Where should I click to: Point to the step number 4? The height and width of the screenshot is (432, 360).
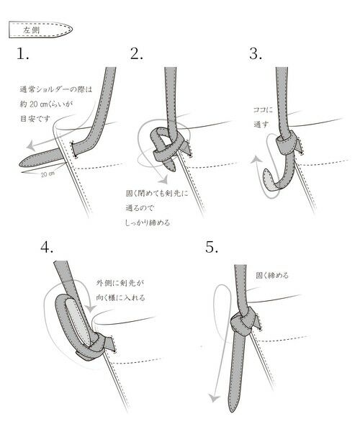48,246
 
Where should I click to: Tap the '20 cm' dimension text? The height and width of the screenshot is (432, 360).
45,174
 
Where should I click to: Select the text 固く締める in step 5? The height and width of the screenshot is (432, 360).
271,274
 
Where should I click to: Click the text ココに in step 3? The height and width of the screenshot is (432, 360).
263,109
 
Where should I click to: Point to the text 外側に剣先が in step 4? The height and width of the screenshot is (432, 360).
121,283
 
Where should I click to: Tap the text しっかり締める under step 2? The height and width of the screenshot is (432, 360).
148,222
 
